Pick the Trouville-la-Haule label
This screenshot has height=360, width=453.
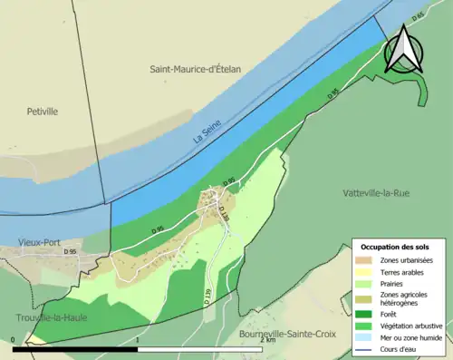coord(50,317)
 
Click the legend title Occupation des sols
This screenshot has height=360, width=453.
coord(396,247)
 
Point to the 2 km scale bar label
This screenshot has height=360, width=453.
coord(266,342)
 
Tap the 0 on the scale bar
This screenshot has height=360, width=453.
coord(13,342)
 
